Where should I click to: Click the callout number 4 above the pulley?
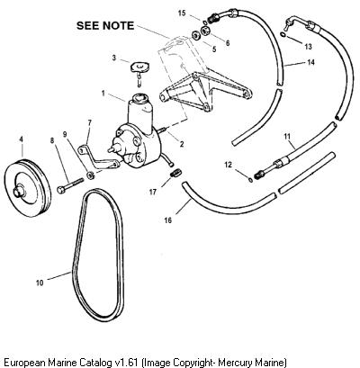click(21, 139)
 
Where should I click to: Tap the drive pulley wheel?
click(28, 188)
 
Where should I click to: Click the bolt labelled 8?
click(70, 185)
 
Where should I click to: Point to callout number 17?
click(153, 192)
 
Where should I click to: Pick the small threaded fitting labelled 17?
click(175, 173)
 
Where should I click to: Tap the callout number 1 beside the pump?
click(103, 94)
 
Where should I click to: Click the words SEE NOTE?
click(105, 25)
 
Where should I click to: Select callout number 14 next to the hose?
click(310, 62)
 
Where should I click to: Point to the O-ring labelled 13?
click(283, 35)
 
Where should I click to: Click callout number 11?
click(287, 137)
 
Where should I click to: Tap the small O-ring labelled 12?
click(250, 179)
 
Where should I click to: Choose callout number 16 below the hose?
click(167, 220)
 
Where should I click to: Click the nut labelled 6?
click(205, 31)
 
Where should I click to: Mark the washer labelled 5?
click(196, 35)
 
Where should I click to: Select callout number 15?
click(182, 13)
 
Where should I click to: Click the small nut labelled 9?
click(91, 175)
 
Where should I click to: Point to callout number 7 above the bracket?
click(89, 122)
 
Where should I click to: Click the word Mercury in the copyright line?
click(234, 362)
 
